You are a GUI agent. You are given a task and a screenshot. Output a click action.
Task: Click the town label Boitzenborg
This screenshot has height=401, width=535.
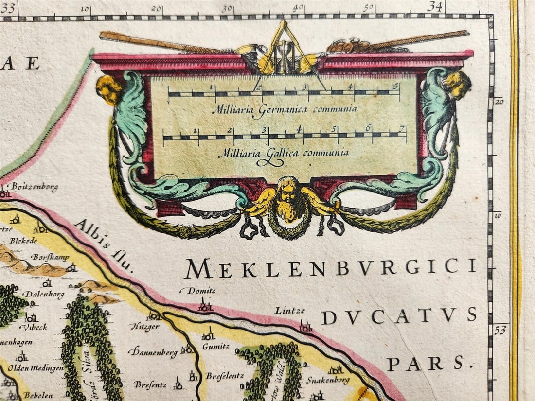[35, 186]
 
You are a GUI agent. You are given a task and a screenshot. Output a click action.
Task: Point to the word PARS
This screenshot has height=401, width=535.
[426, 363]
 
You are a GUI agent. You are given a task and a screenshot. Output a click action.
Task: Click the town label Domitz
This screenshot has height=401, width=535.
[198, 291]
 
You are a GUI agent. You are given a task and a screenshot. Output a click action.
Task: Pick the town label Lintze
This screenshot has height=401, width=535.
[290, 310]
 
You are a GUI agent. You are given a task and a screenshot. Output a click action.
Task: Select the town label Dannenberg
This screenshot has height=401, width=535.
[153, 351]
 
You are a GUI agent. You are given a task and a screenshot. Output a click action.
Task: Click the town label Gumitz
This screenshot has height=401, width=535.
[216, 346]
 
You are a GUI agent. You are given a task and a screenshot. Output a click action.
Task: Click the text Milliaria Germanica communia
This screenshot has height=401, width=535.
[285, 109]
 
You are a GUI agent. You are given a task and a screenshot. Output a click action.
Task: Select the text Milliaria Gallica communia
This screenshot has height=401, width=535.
[284, 153]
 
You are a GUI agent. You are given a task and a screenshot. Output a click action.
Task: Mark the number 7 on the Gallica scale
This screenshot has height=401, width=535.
[402, 128]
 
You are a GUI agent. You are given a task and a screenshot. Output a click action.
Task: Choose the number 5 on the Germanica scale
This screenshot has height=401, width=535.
[396, 87]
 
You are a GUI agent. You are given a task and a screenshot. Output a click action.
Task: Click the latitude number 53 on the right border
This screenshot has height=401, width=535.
[500, 330]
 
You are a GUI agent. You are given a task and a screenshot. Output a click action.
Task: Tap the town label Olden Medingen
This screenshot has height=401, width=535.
[36, 368]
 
